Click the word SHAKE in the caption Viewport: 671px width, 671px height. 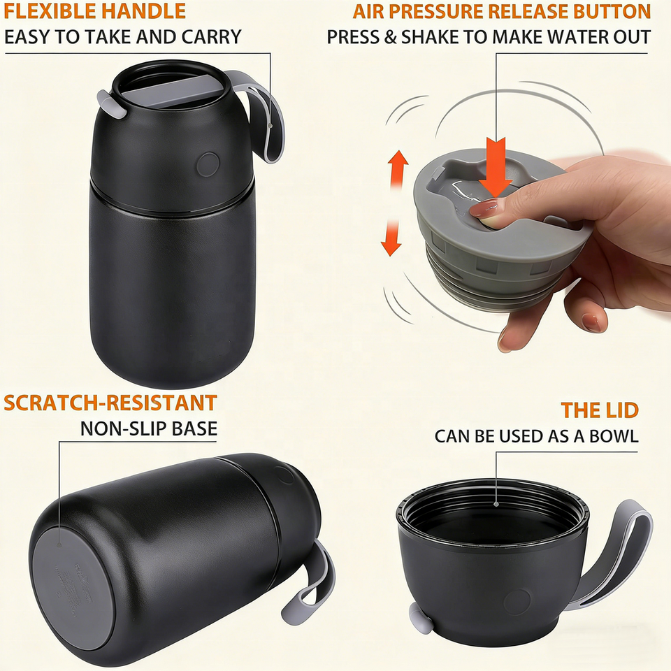click(x=430, y=37)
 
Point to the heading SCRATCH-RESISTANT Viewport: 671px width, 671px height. click(x=110, y=403)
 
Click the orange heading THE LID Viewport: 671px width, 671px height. click(x=600, y=410)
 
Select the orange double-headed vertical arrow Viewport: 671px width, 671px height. click(x=394, y=203)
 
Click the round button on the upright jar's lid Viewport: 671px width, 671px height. click(x=208, y=164)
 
